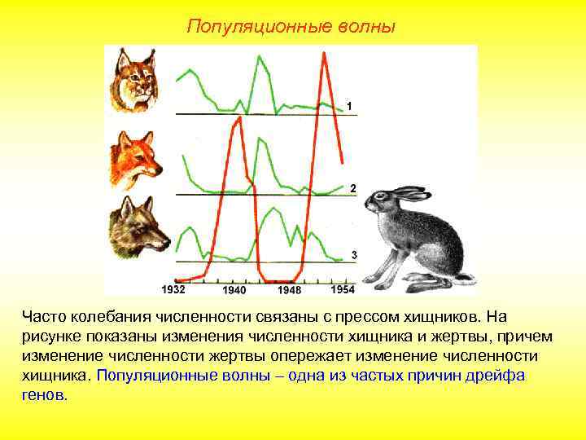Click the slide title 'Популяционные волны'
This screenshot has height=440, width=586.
(291, 27)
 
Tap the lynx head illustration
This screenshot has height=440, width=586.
(134, 80)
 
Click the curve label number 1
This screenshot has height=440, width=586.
(348, 106)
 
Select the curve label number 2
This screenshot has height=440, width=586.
(352, 188)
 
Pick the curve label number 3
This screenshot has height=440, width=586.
(353, 255)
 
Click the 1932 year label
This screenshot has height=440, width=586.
(174, 289)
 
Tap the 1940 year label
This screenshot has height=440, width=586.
(234, 290)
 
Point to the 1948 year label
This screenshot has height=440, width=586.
(289, 290)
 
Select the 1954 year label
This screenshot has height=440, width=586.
(342, 289)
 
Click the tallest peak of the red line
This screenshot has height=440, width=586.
(325, 54)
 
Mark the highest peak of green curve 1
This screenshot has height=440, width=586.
(260, 56)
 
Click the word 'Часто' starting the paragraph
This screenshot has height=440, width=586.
(43, 316)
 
